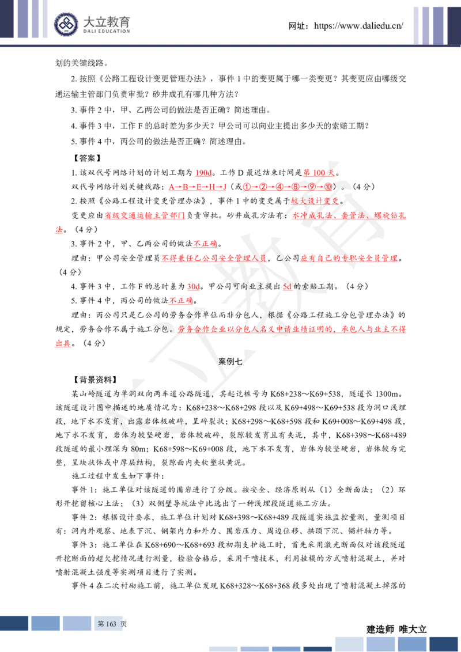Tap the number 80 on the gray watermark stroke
tap(135, 449)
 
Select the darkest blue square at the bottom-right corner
tap(444, 644)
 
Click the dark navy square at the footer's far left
tap(14, 623)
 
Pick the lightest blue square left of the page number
tap(76, 623)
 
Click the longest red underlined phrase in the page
tap(292, 329)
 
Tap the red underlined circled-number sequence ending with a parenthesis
tap(287, 187)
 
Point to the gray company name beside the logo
tap(108, 24)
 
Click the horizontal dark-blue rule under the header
tap(231, 46)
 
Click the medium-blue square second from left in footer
tap(46, 623)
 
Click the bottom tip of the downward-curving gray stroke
tap(132, 490)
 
